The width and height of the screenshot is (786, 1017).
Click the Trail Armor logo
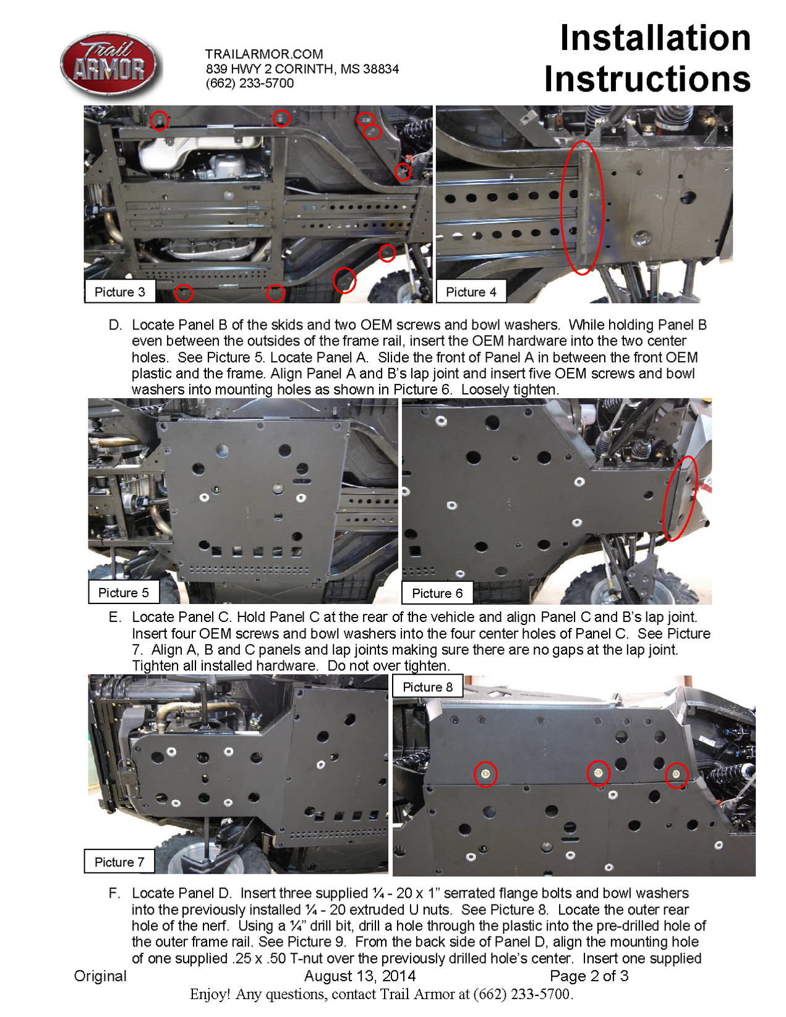pos(109,66)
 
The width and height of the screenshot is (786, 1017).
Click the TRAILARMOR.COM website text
pos(264,54)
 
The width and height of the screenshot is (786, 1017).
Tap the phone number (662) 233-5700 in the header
pos(249,83)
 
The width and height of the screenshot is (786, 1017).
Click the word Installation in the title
pos(654,38)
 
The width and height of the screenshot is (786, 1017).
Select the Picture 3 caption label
pos(119,292)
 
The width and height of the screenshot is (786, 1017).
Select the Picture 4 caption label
pos(471,292)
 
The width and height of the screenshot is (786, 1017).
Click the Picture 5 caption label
pos(123,592)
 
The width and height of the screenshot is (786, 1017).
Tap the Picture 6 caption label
pos(437,593)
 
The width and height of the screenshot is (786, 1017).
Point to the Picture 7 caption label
pos(119,862)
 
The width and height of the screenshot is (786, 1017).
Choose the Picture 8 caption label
pos(427,687)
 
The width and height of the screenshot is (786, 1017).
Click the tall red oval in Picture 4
pos(581,207)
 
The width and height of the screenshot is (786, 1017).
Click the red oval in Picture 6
pos(680,498)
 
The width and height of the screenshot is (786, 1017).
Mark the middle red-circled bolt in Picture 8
pos(598,773)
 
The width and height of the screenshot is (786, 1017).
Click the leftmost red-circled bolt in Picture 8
pos(485,773)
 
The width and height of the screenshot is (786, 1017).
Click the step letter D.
pos(115,325)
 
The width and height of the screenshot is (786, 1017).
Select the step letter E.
pos(115,617)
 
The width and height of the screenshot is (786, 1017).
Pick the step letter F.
pos(115,893)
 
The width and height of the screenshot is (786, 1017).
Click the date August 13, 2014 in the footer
pos(359,976)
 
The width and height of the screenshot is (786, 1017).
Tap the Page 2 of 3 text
pos(589,976)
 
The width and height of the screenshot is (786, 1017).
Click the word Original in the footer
pos(100,976)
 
